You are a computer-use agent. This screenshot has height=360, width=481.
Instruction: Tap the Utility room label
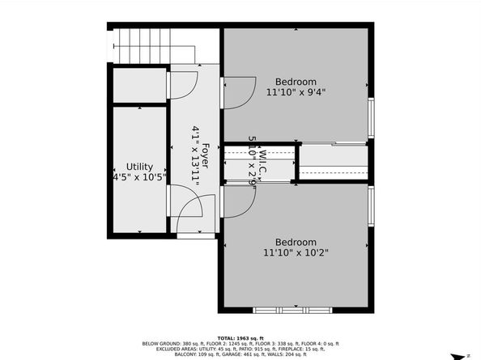click(x=139, y=166)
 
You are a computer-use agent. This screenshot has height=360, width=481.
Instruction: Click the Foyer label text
click(x=205, y=153)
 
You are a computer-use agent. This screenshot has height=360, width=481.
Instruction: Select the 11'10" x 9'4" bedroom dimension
click(x=296, y=92)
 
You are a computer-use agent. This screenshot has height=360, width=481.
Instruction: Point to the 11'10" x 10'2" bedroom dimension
click(x=296, y=252)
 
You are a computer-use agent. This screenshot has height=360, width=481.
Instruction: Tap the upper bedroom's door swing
click(x=239, y=91)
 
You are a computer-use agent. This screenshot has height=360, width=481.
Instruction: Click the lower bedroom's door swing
click(x=238, y=202)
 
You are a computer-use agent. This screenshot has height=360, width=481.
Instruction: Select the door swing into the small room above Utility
click(x=182, y=84)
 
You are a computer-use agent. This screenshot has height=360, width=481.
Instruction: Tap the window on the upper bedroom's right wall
click(x=371, y=118)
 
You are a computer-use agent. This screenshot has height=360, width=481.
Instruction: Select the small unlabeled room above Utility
click(x=138, y=85)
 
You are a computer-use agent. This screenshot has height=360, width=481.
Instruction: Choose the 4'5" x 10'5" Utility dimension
click(x=139, y=176)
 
